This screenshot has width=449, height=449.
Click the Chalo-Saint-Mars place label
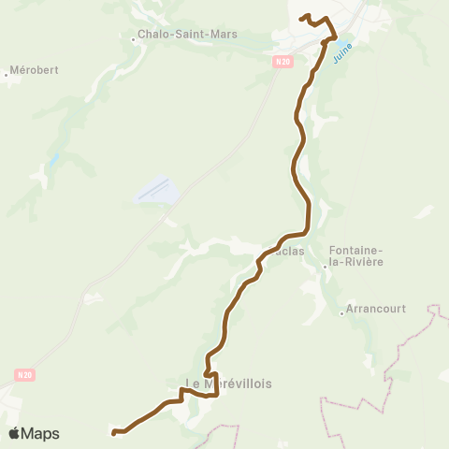coord(187,35)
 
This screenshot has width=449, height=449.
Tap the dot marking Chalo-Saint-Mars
coord(133,39)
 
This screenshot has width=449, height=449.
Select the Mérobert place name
coord(33,71)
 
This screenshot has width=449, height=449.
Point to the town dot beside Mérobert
coord(7,74)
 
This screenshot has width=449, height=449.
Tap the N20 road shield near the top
coord(283,62)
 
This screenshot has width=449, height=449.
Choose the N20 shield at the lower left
coord(24,375)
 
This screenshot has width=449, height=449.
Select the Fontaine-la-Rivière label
coord(356,256)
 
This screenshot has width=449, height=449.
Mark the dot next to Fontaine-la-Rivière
coord(325,267)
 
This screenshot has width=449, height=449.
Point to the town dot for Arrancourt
coord(341,313)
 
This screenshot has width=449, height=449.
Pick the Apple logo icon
coord(14,433)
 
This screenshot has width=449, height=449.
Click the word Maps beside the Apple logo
coord(40,433)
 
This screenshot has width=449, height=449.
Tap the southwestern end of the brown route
coord(114,433)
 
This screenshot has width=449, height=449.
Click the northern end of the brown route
coord(301,18)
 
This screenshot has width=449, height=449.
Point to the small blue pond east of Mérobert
coord(55,159)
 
